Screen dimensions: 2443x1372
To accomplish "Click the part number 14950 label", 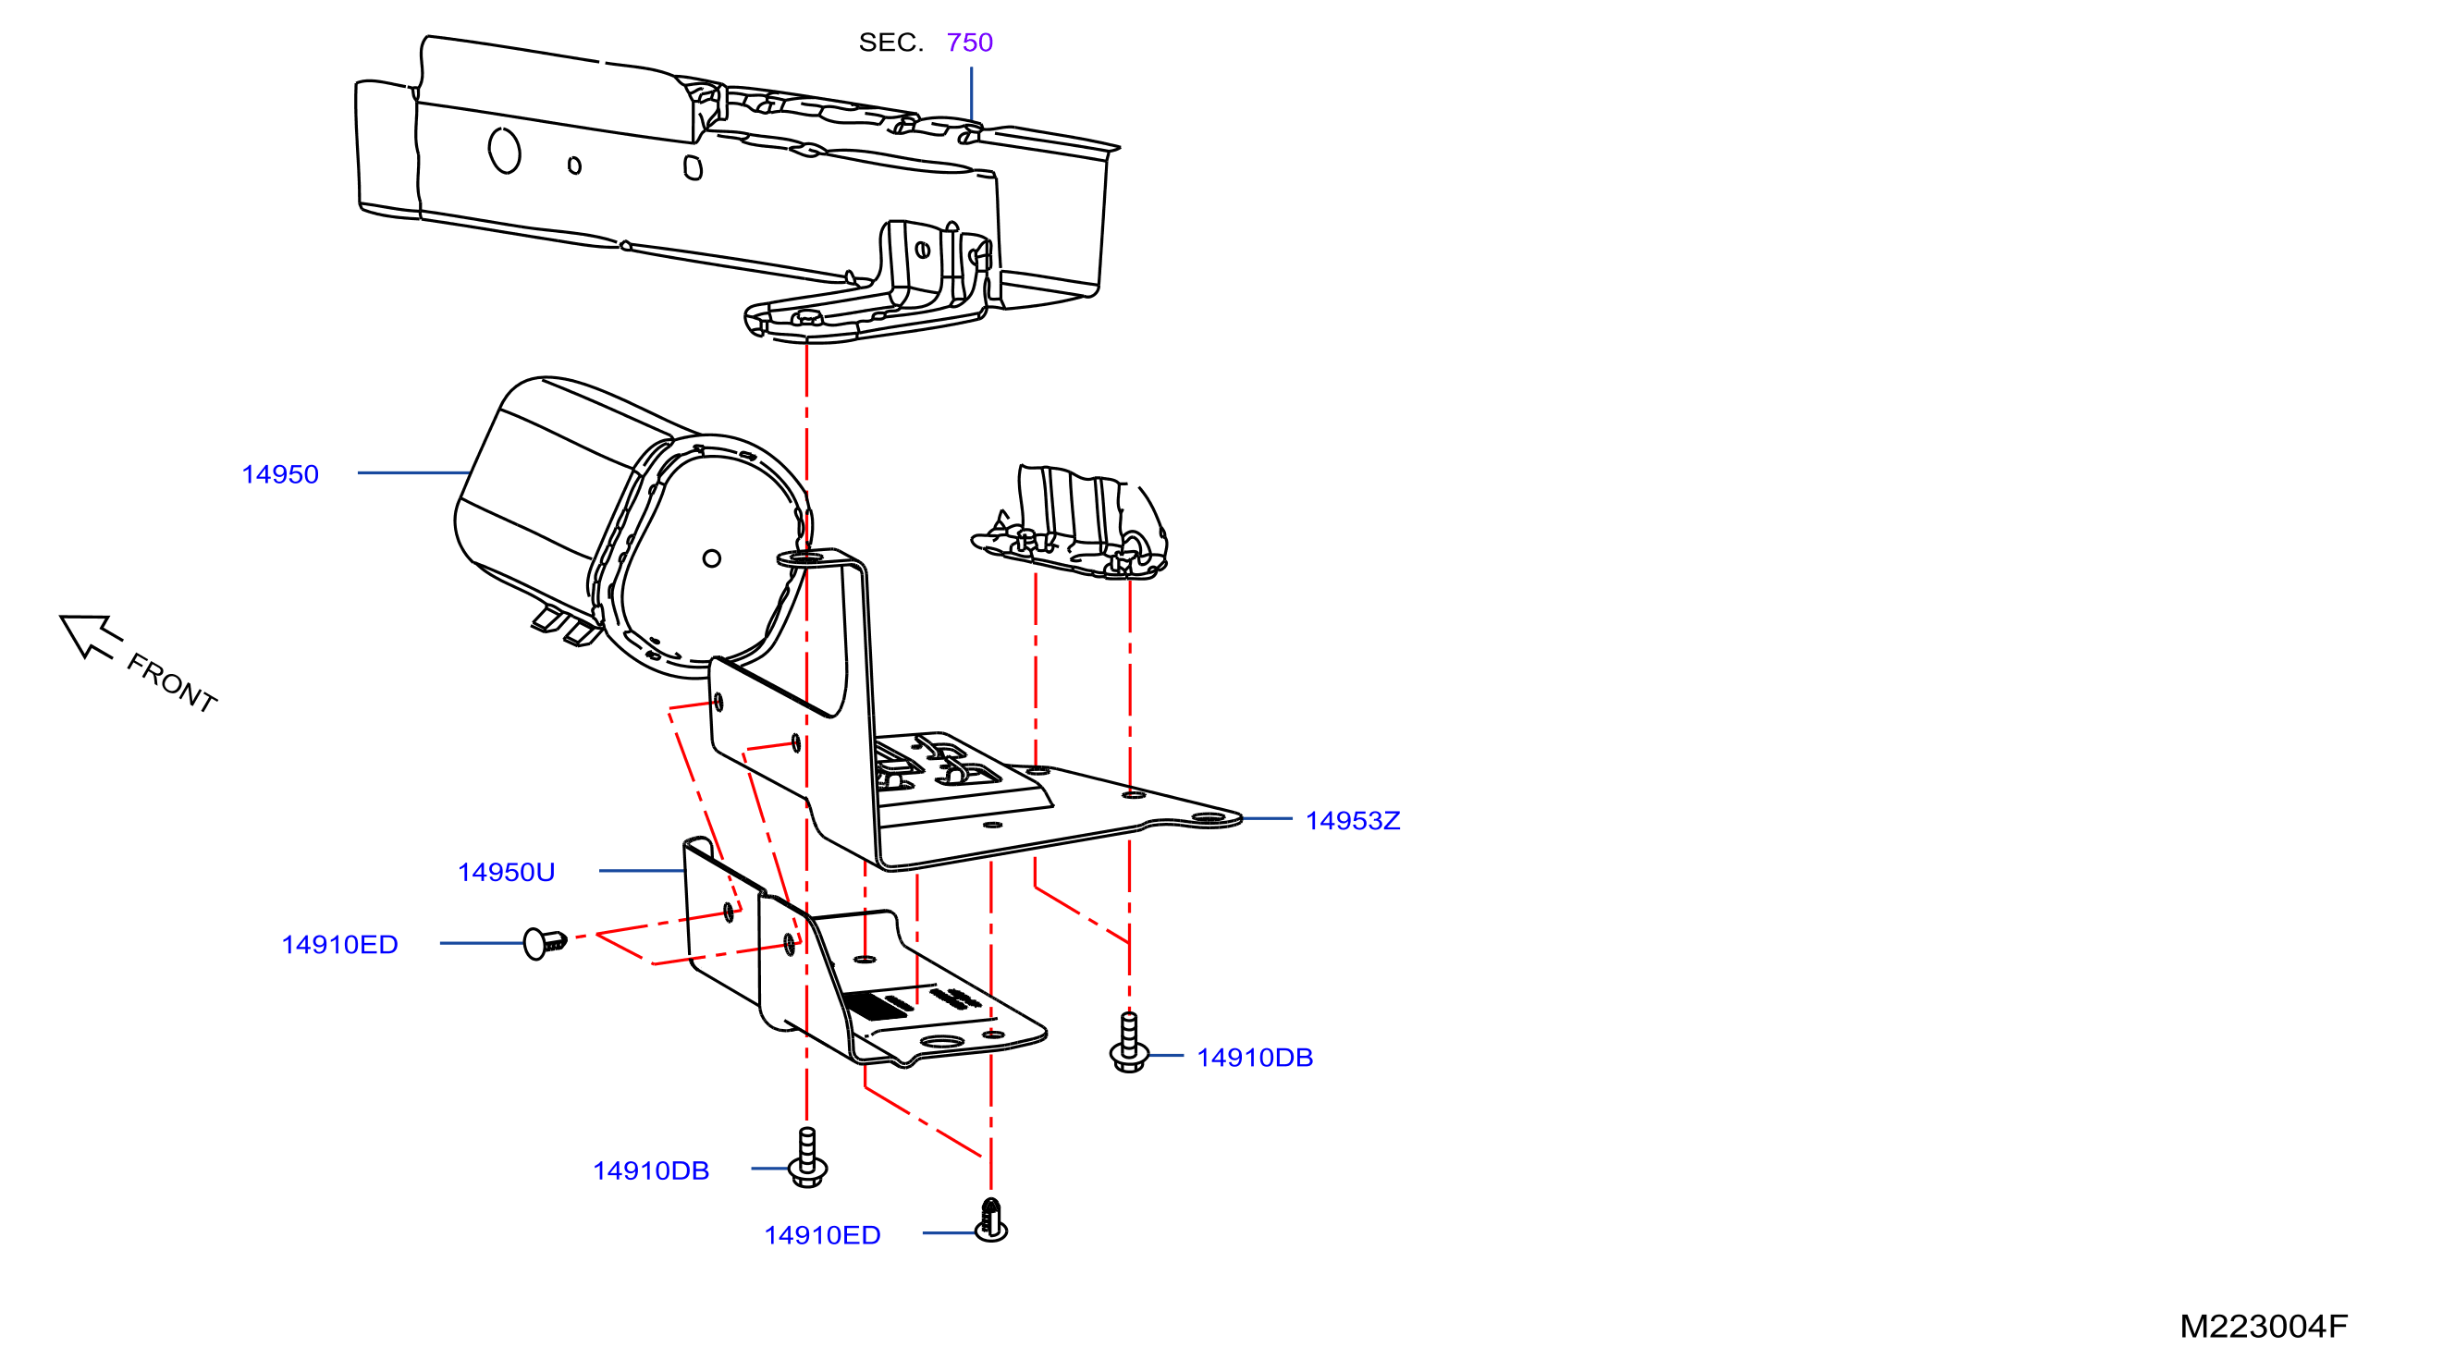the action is click(x=280, y=474).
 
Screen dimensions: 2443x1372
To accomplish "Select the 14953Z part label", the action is click(x=1353, y=820).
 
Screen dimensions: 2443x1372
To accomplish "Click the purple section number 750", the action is click(x=969, y=43).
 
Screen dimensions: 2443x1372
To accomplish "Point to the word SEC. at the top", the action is click(x=890, y=43).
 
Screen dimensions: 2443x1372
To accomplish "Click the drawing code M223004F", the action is click(x=2264, y=1327).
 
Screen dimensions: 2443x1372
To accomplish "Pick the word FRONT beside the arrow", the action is click(x=172, y=682).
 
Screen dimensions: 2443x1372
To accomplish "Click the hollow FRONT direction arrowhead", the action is click(x=87, y=635).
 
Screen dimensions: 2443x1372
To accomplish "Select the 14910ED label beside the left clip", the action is click(x=339, y=945).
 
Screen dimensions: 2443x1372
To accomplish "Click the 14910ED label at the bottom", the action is click(x=822, y=1235).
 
